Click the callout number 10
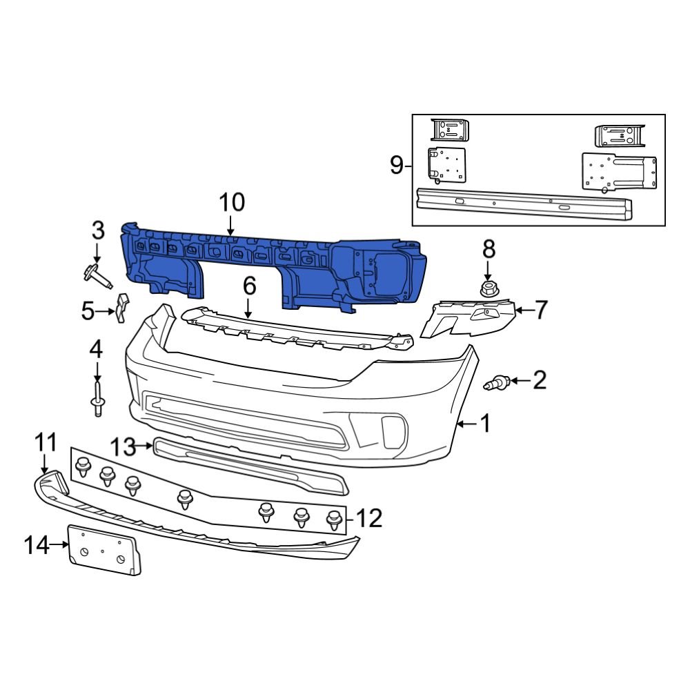point(232,203)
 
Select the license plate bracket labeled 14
point(106,549)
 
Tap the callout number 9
point(396,166)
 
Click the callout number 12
point(369,517)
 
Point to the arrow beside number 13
point(146,446)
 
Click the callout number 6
point(249,285)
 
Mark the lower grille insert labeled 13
point(248,464)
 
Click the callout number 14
point(37,546)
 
